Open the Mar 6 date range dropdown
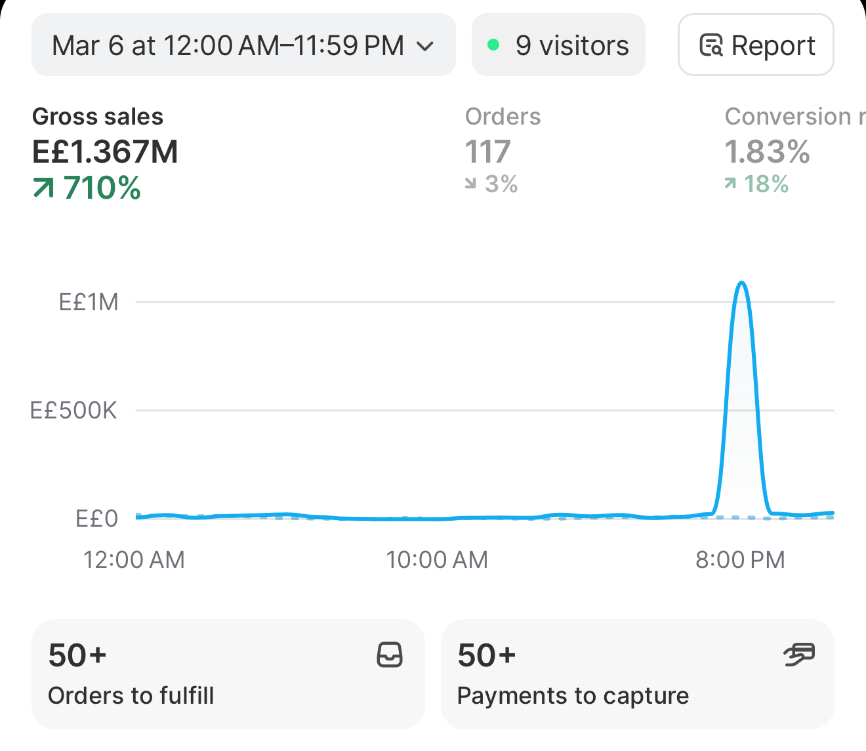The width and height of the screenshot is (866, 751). click(x=243, y=45)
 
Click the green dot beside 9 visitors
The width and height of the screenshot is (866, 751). click(x=493, y=45)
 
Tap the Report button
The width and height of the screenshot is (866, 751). click(x=756, y=45)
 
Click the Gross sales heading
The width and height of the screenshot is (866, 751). click(x=98, y=116)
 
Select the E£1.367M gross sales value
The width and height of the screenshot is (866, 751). click(x=105, y=152)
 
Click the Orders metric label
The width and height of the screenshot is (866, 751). click(x=503, y=116)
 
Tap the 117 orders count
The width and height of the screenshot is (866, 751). click(x=488, y=152)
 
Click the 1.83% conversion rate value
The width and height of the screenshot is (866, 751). click(x=768, y=152)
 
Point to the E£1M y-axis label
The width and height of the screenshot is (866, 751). click(x=89, y=302)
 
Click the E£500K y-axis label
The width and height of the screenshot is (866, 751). click(x=73, y=410)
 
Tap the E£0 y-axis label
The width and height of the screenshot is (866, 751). click(x=96, y=518)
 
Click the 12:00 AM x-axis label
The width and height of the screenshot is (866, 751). click(x=134, y=559)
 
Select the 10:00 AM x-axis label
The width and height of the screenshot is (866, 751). click(x=437, y=559)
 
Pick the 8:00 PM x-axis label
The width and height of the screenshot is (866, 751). click(x=740, y=559)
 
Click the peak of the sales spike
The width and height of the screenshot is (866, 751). click(x=741, y=282)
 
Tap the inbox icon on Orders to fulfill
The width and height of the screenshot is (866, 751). click(x=390, y=655)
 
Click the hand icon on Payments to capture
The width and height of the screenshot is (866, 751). click(x=798, y=655)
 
